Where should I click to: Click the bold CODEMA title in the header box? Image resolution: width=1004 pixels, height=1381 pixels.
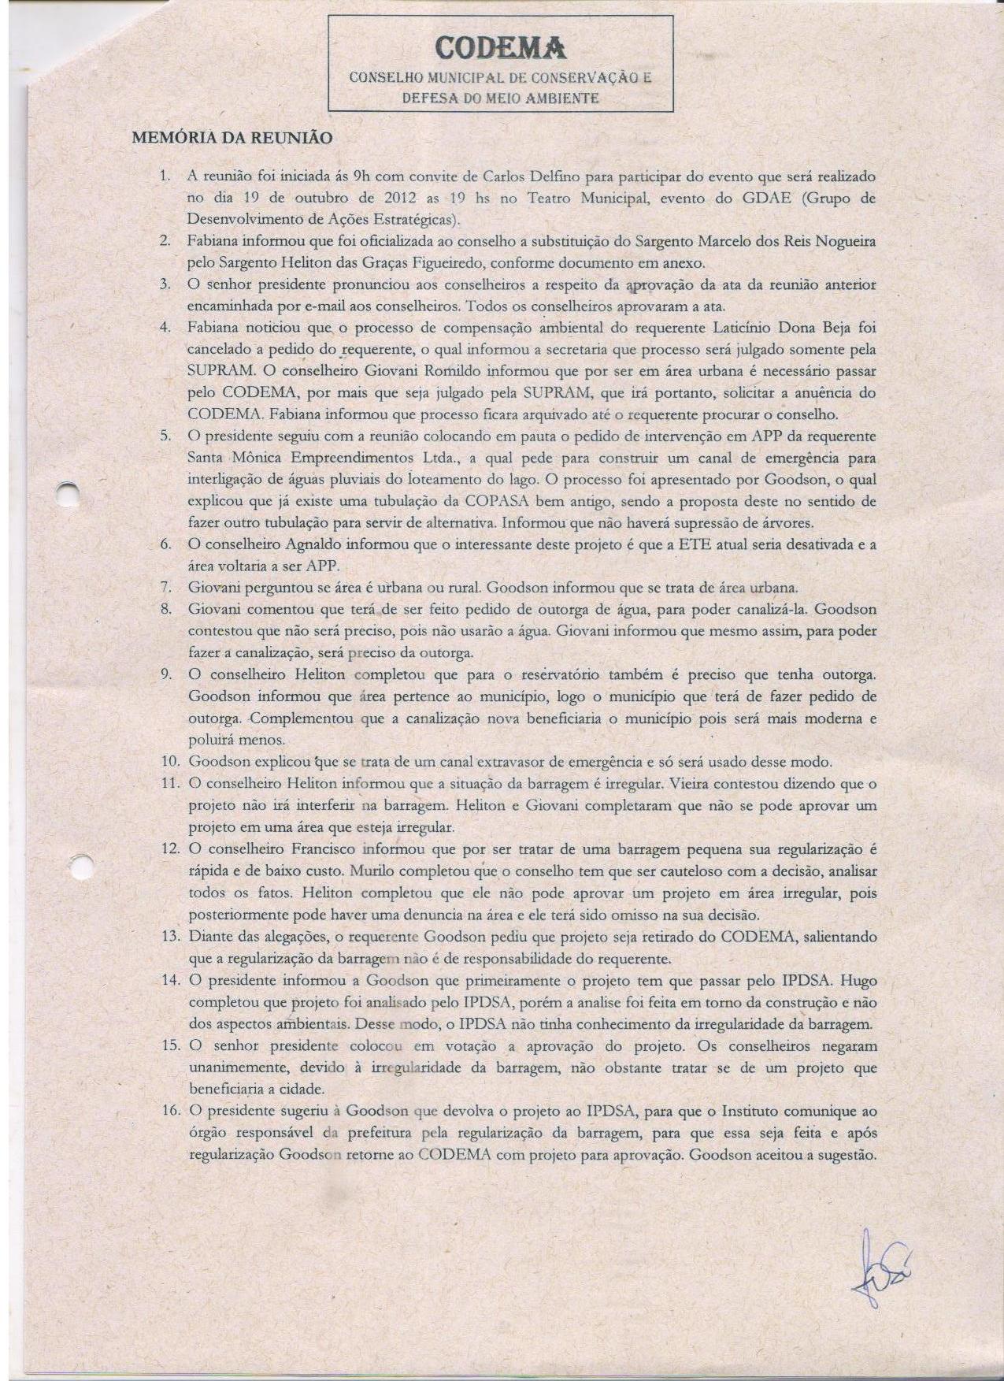tap(501, 48)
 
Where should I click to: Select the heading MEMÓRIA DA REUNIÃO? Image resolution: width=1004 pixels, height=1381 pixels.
tap(232, 138)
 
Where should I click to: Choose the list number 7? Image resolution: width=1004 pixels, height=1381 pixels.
tap(167, 588)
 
